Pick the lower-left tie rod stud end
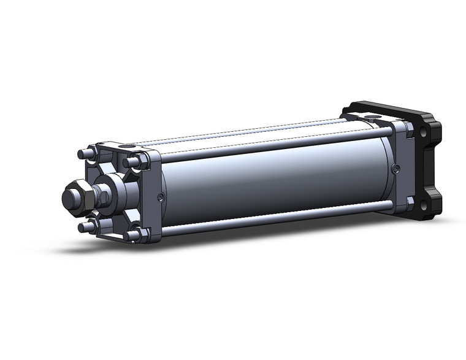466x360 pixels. click(84, 228)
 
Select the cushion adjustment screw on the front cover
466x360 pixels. click(160, 197)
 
